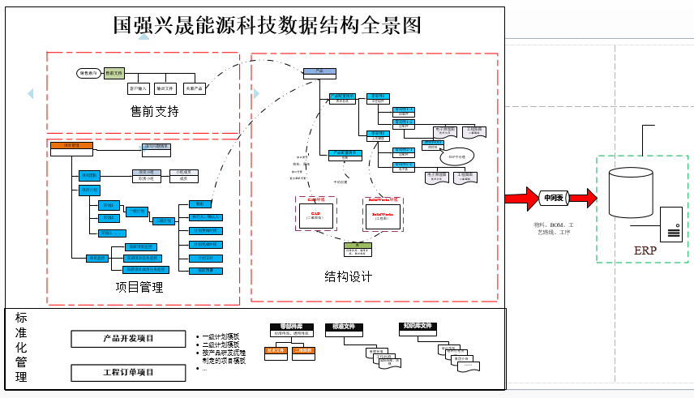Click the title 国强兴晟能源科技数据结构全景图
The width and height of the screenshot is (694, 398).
click(x=268, y=25)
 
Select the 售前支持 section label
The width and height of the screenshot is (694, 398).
click(x=154, y=110)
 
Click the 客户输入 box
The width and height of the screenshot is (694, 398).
click(x=138, y=88)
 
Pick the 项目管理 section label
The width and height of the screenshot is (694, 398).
click(x=139, y=287)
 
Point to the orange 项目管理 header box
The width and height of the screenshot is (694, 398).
click(x=71, y=147)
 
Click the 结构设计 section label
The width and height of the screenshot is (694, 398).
click(x=349, y=276)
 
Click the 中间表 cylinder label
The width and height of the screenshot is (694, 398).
click(x=555, y=198)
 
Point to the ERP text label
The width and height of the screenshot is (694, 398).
click(x=645, y=250)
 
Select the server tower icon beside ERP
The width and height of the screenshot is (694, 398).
click(x=670, y=225)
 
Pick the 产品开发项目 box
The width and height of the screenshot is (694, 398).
click(x=128, y=338)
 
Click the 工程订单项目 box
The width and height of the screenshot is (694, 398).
click(x=128, y=373)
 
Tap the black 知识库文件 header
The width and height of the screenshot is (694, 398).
click(x=418, y=327)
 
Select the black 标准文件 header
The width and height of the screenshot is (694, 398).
click(x=344, y=327)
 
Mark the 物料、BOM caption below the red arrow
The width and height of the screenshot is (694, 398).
click(x=554, y=228)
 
